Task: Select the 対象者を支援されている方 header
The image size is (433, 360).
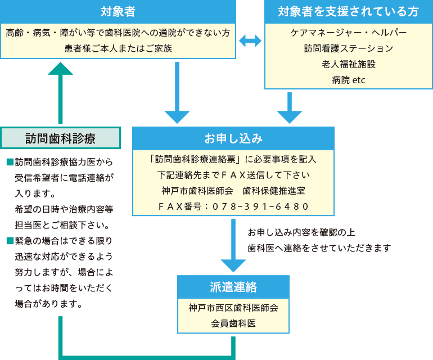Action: click(348, 11)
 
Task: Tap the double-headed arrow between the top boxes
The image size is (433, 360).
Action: click(250, 40)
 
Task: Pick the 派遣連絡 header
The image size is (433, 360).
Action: click(233, 287)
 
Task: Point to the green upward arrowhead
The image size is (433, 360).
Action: click(60, 69)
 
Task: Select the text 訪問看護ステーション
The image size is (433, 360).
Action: click(348, 48)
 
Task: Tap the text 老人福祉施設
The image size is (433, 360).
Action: click(348, 64)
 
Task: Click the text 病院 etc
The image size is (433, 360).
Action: click(348, 80)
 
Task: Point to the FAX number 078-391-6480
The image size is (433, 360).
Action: click(233, 206)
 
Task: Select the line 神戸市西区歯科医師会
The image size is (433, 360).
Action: click(233, 308)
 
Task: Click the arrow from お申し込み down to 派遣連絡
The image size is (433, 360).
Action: click(233, 247)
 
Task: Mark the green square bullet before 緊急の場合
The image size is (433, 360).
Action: click(9, 241)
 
